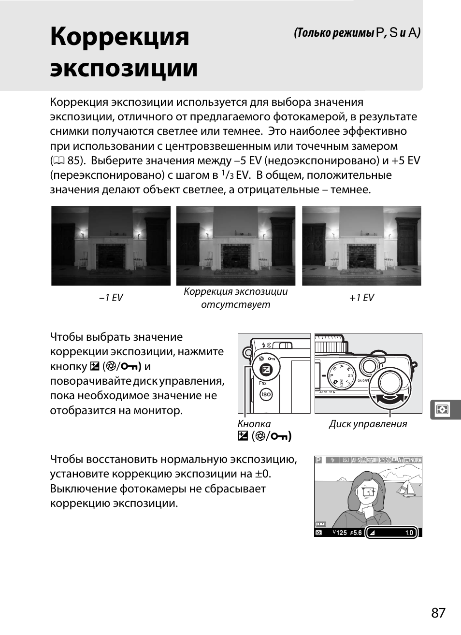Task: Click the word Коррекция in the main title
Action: (119, 37)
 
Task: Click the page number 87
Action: (438, 613)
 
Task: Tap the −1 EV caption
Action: (111, 298)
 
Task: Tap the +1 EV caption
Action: (361, 298)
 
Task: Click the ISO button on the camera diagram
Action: (266, 394)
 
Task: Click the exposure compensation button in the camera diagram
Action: (266, 371)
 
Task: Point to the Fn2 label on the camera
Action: (263, 383)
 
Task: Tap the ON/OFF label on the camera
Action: (363, 381)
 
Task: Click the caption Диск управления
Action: (368, 424)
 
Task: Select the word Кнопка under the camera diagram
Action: (254, 424)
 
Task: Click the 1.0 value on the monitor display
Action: (409, 533)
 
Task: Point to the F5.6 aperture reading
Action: (356, 533)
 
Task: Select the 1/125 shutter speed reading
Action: (340, 533)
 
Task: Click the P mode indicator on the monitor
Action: (318, 460)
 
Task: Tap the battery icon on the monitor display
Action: (320, 524)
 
